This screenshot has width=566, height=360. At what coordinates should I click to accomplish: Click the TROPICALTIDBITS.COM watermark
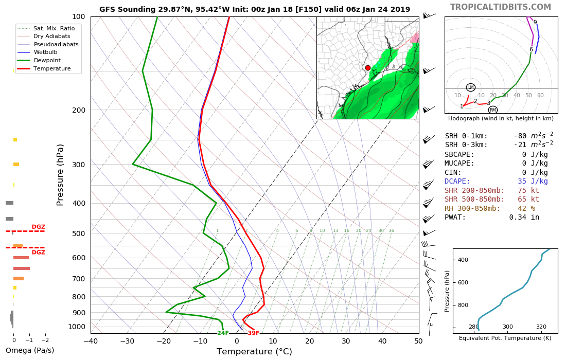click(x=501, y=7)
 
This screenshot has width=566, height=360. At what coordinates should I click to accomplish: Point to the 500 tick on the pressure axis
click(x=78, y=233)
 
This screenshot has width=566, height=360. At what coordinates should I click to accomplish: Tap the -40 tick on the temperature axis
click(x=91, y=340)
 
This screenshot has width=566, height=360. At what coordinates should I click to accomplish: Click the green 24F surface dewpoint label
click(x=222, y=333)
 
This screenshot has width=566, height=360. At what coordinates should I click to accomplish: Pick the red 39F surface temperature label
click(x=253, y=333)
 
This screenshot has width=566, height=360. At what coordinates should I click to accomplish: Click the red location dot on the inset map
click(x=367, y=68)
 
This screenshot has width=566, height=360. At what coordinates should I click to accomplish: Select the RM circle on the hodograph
click(x=492, y=110)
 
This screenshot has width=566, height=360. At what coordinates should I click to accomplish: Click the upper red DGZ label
click(x=39, y=227)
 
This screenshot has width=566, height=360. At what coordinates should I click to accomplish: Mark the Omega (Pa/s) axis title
click(x=30, y=351)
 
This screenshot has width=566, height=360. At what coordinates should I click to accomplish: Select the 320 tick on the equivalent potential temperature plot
click(x=541, y=327)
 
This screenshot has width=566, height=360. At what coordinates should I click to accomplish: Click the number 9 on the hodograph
click(x=535, y=23)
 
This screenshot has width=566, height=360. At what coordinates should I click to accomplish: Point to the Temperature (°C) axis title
click(x=254, y=352)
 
